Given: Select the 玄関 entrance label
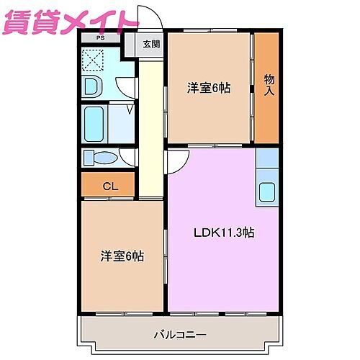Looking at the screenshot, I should click(x=150, y=44).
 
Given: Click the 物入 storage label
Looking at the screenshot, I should click(x=269, y=85).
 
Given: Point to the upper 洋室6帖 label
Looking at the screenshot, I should click(x=209, y=89).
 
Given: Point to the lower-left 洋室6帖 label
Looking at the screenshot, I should click(x=122, y=256).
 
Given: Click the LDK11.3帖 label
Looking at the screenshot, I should click(x=222, y=233).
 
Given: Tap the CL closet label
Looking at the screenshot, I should click(x=109, y=186).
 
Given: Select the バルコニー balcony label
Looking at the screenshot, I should click(x=180, y=334).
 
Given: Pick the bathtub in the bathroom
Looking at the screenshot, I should click(x=94, y=124).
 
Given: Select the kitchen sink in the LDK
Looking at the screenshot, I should click(x=266, y=192).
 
